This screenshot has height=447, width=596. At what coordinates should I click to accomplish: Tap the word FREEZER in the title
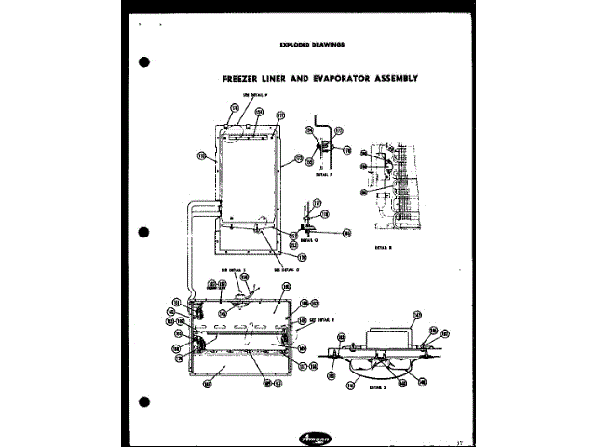243,79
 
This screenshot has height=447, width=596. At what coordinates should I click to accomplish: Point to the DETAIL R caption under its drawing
383,247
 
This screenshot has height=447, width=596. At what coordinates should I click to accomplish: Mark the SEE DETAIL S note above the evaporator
231,269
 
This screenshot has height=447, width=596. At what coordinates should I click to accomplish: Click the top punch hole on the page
144,62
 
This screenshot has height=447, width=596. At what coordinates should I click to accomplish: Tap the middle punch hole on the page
144,232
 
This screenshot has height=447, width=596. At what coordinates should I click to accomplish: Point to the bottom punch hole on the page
144,401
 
